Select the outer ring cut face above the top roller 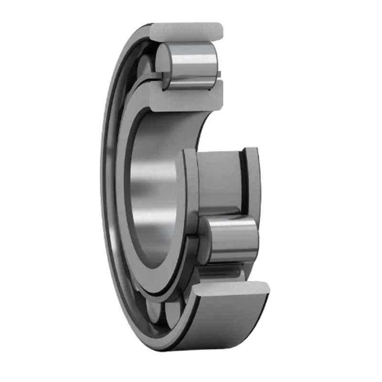point(186,31)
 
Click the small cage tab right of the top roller point(219,74)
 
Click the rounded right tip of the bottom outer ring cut point(265,287)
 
